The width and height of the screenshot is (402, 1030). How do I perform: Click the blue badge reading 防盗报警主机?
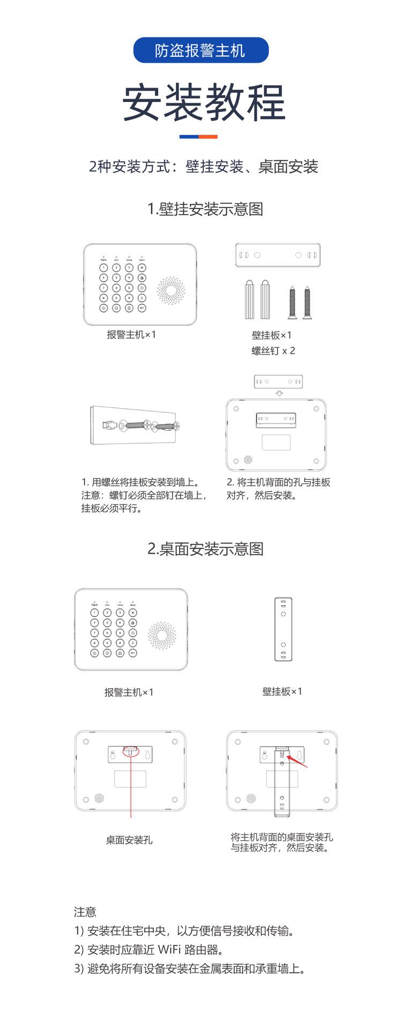coord(200,50)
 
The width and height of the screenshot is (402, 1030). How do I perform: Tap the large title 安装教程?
coord(204,102)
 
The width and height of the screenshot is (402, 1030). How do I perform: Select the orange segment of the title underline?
coord(208,137)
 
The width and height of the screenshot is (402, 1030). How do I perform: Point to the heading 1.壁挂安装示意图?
coord(205,209)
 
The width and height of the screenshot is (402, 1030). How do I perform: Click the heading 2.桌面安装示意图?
coord(205,549)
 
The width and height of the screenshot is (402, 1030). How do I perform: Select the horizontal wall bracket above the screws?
coord(278,255)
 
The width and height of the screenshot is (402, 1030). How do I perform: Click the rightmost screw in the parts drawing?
coord(308,301)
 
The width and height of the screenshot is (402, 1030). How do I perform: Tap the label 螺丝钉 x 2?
coord(273,351)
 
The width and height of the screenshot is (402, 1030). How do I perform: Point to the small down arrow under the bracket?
coord(279,393)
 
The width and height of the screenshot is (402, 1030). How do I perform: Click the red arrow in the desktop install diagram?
coord(298,761)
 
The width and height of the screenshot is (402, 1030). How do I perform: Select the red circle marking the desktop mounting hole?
coord(130,752)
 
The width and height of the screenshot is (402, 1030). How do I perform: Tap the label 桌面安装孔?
coord(129,840)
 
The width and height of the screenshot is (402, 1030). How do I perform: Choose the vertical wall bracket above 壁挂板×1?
coord(283,629)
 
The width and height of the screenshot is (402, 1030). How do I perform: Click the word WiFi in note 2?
coord(169,950)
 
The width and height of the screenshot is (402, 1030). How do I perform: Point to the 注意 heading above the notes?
coord(85,911)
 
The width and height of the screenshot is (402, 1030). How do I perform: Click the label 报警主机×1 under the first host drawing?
coord(131,335)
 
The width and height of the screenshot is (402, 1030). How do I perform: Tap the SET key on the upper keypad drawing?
coord(142,308)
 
